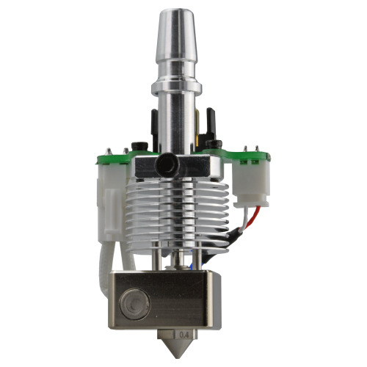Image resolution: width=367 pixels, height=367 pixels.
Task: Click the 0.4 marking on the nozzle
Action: click(x=184, y=335)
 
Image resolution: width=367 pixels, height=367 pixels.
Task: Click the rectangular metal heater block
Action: click(x=164, y=299)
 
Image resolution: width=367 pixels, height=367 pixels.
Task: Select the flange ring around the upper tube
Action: click(x=176, y=88)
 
